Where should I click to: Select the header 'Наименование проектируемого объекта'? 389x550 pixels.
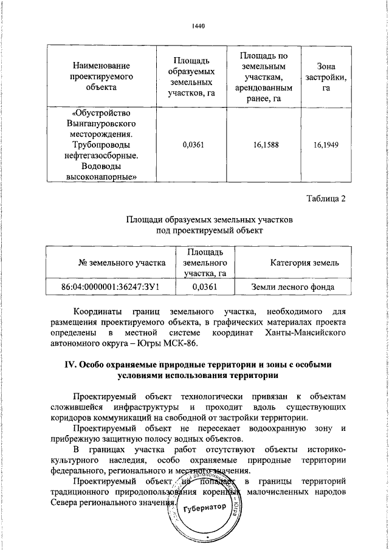[101, 76]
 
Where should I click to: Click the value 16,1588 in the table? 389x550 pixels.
[261, 145]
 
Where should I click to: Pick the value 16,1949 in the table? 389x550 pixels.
[326, 145]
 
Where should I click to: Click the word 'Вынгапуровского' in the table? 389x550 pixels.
[101, 123]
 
